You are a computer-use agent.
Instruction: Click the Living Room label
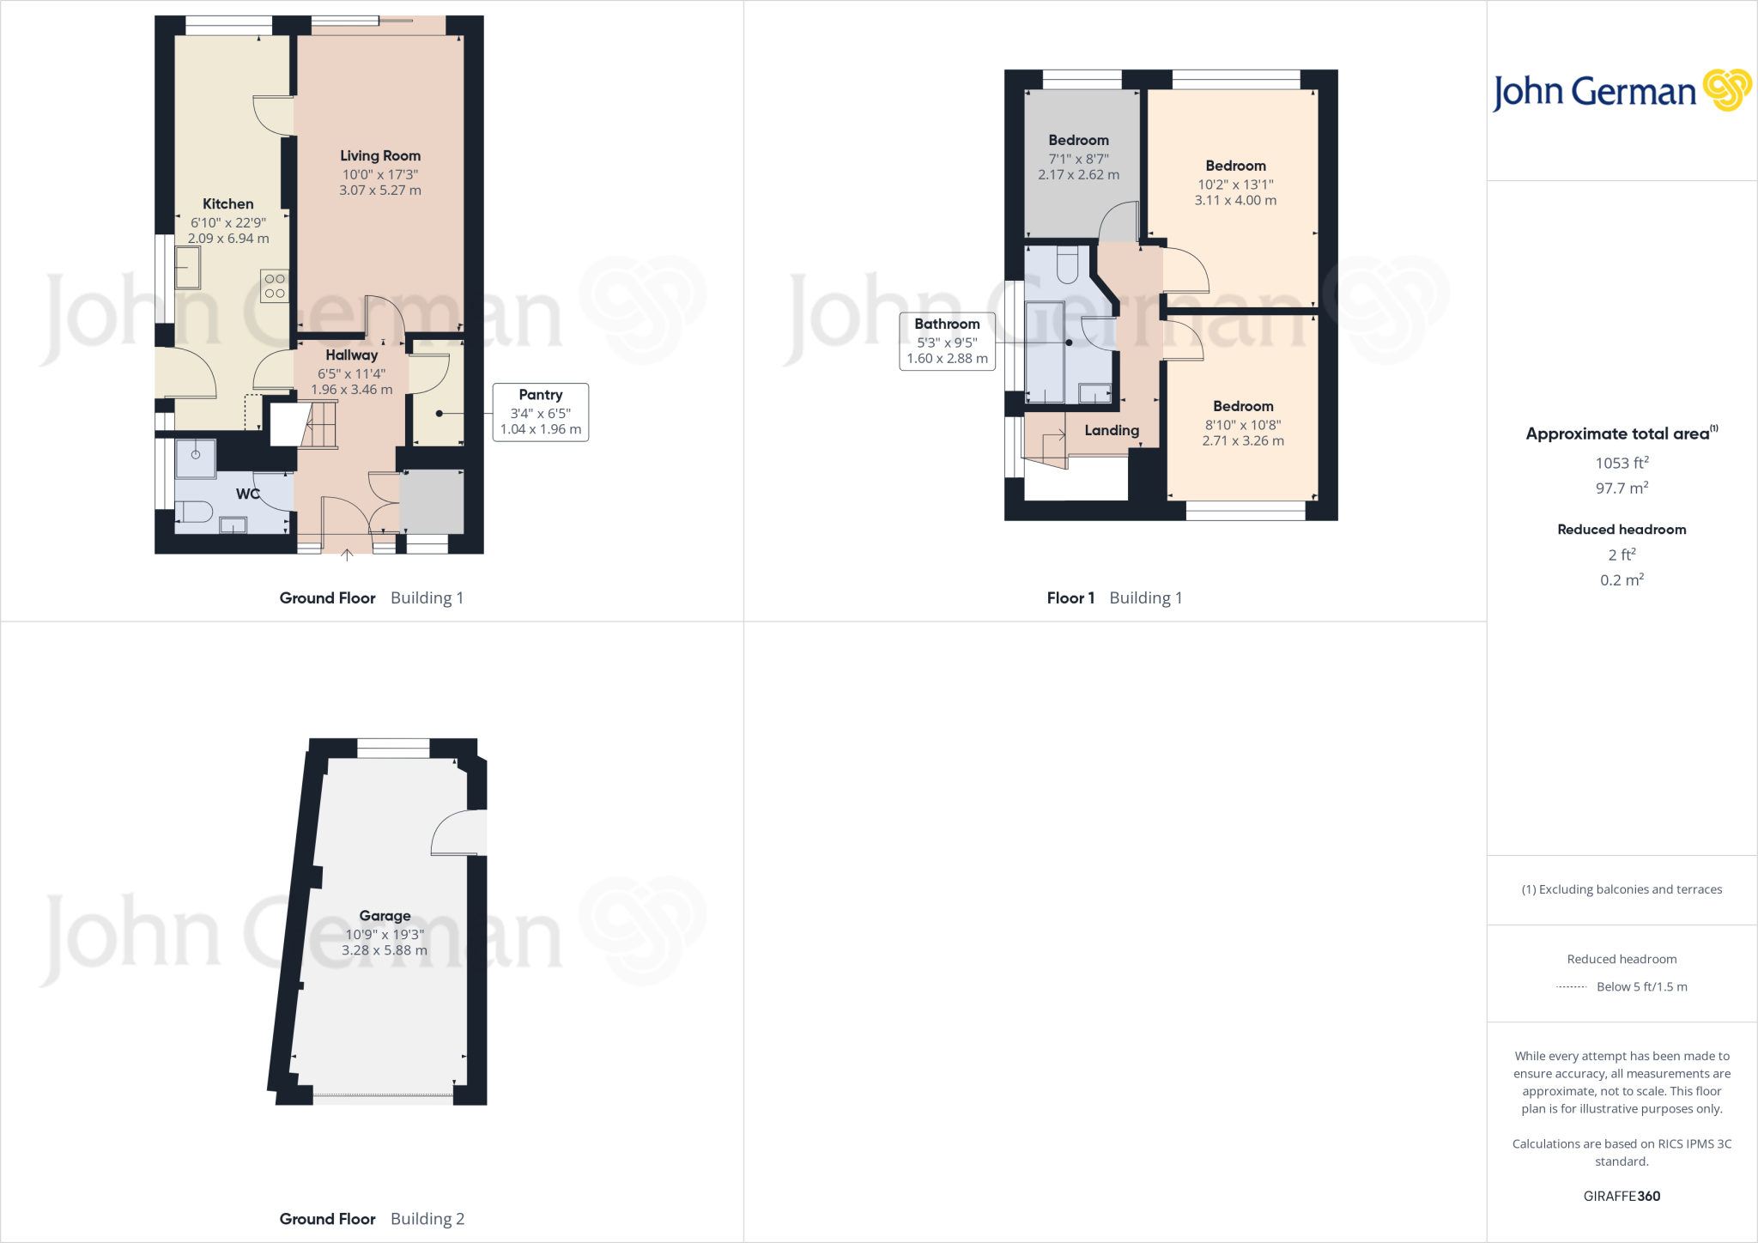coord(379,155)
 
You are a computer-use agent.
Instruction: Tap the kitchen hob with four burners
coord(275,286)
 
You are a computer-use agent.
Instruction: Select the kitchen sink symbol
coord(187,267)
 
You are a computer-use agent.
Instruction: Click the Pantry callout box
coord(540,412)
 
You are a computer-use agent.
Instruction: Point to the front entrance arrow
coord(347,555)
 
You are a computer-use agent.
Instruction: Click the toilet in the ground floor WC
coord(197,512)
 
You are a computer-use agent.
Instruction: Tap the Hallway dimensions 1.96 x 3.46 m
coord(351,390)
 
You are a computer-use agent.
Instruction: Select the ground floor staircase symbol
coord(318,425)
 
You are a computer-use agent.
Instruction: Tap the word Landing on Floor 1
coord(1112,430)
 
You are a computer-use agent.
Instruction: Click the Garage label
coord(385,916)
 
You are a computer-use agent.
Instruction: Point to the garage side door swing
coord(455,833)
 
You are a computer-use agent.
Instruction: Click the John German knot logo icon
coord(1726,90)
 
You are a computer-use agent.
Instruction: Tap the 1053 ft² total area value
coord(1622,463)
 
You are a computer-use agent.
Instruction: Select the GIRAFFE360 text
coord(1622,1196)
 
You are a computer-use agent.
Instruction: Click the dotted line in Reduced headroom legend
coord(1571,987)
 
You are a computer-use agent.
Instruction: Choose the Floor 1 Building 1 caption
coord(1114,597)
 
